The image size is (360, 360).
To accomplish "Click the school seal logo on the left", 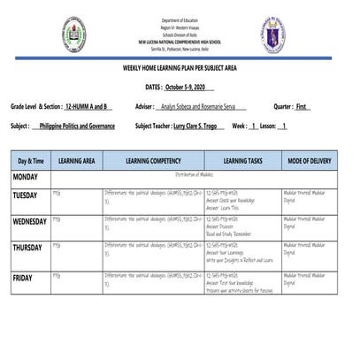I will [x=73, y=32].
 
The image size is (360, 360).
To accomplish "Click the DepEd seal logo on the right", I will [x=272, y=32].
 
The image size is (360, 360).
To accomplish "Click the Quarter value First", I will [x=303, y=106].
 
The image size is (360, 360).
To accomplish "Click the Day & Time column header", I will [x=30, y=161].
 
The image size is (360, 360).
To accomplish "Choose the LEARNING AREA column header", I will [x=77, y=161].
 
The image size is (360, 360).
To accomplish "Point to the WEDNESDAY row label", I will [x=30, y=221].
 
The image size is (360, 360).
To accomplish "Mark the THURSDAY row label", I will [x=27, y=248].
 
